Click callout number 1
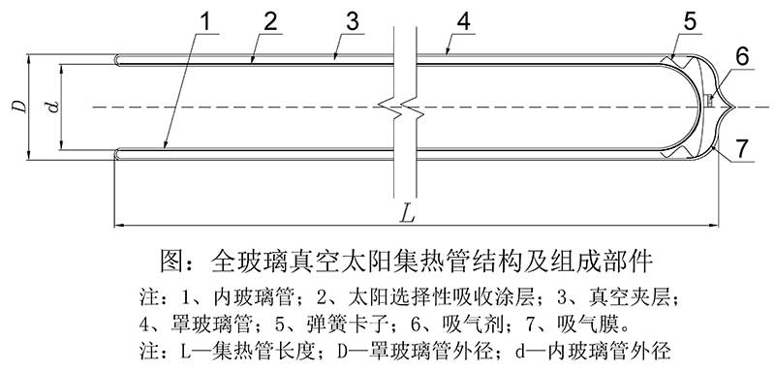pyautogui.click(x=203, y=21)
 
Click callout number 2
pyautogui.click(x=269, y=21)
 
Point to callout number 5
pyautogui.click(x=690, y=19)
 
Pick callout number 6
pyautogui.click(x=741, y=56)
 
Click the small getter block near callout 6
pyautogui.click(x=710, y=101)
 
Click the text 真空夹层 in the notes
pyautogui.click(x=641, y=294)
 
